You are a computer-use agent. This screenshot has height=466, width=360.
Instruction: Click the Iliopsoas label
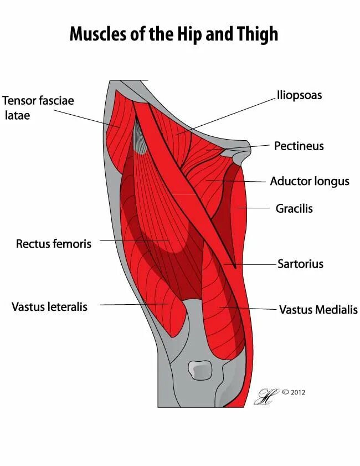point(299,95)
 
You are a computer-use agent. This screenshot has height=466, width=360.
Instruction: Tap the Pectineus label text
point(299,146)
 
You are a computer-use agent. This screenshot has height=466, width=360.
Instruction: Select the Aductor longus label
point(310,181)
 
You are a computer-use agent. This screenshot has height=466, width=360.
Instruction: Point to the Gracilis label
point(294,209)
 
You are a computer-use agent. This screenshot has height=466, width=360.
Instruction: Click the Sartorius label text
point(300,264)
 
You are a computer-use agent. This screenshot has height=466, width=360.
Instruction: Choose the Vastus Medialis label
point(318,310)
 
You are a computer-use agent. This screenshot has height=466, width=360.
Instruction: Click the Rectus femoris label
point(54,243)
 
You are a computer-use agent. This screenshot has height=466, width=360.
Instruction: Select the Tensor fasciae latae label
point(38,107)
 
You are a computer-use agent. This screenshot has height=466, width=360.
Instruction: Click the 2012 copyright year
point(297,392)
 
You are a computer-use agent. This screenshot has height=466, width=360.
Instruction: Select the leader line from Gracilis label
point(256,209)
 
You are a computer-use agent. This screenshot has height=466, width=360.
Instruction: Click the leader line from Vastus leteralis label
point(133,304)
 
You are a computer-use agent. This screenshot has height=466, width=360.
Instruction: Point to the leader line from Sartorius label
point(252,264)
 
